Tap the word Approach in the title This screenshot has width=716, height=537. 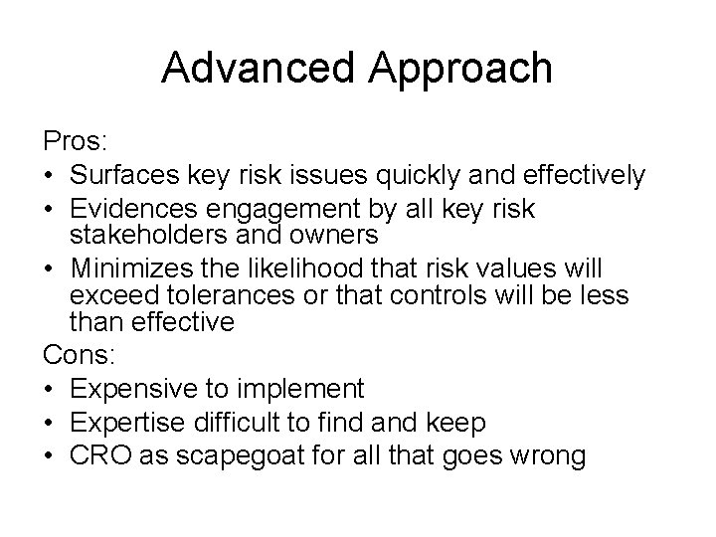pyautogui.click(x=466, y=70)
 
